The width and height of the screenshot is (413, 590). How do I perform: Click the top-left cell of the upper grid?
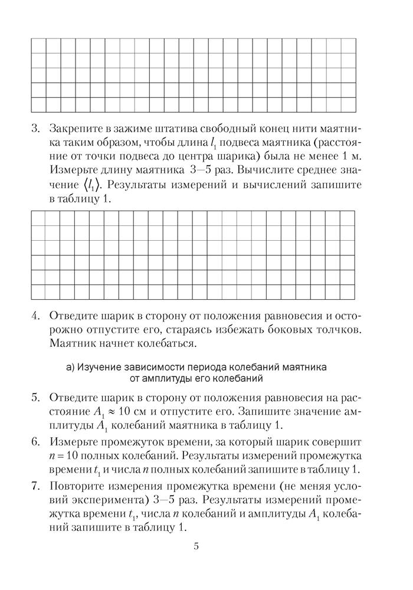(x=38, y=45)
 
